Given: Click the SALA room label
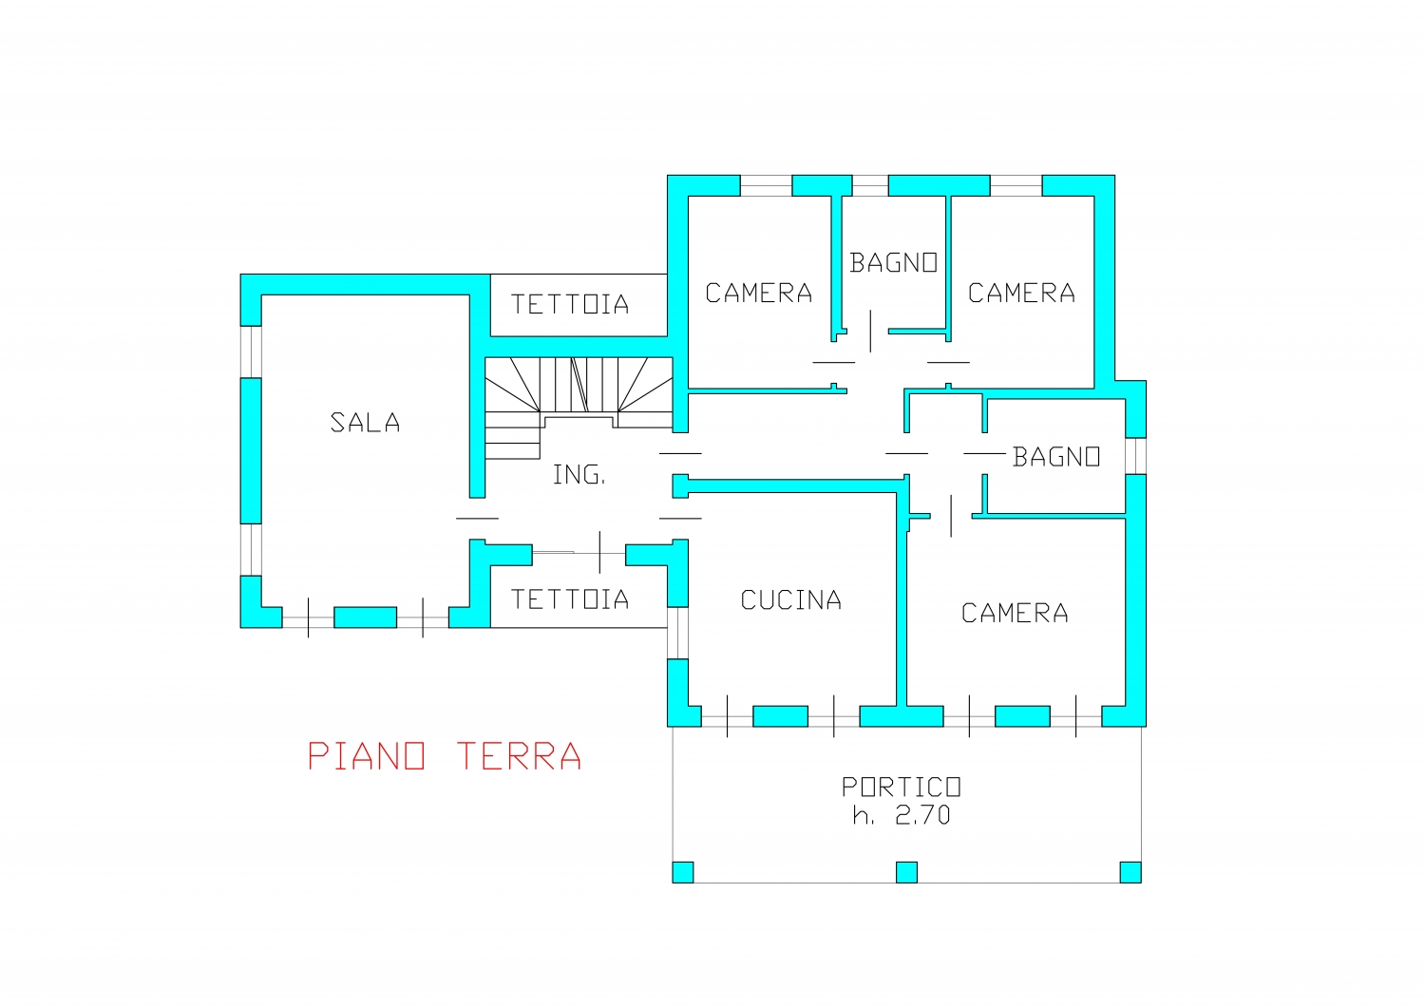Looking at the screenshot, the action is [x=365, y=423].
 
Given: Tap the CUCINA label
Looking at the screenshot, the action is [x=790, y=599].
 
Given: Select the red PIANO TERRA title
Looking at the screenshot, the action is [x=444, y=756].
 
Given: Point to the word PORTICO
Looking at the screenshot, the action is [x=901, y=787].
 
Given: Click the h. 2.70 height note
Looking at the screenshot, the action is [x=902, y=815].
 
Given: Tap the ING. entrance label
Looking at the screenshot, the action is [x=579, y=475].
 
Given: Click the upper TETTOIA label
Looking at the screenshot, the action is [x=570, y=304].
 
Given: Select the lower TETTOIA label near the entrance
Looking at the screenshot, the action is [x=570, y=599].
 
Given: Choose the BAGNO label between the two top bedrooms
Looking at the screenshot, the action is [x=893, y=263].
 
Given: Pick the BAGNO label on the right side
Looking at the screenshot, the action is [x=1056, y=457].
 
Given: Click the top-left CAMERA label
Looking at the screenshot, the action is [x=759, y=294].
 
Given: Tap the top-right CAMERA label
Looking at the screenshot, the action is [x=1021, y=294].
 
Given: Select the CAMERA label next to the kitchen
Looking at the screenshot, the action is [x=1015, y=614].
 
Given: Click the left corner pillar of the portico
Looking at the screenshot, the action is [x=683, y=872].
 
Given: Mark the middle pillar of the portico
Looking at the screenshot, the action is [x=906, y=872].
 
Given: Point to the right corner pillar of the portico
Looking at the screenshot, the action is [x=1130, y=872].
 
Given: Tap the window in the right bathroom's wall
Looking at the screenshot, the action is [x=1135, y=456].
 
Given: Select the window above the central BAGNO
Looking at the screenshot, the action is [x=869, y=185].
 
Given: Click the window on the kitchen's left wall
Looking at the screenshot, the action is [x=677, y=633].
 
